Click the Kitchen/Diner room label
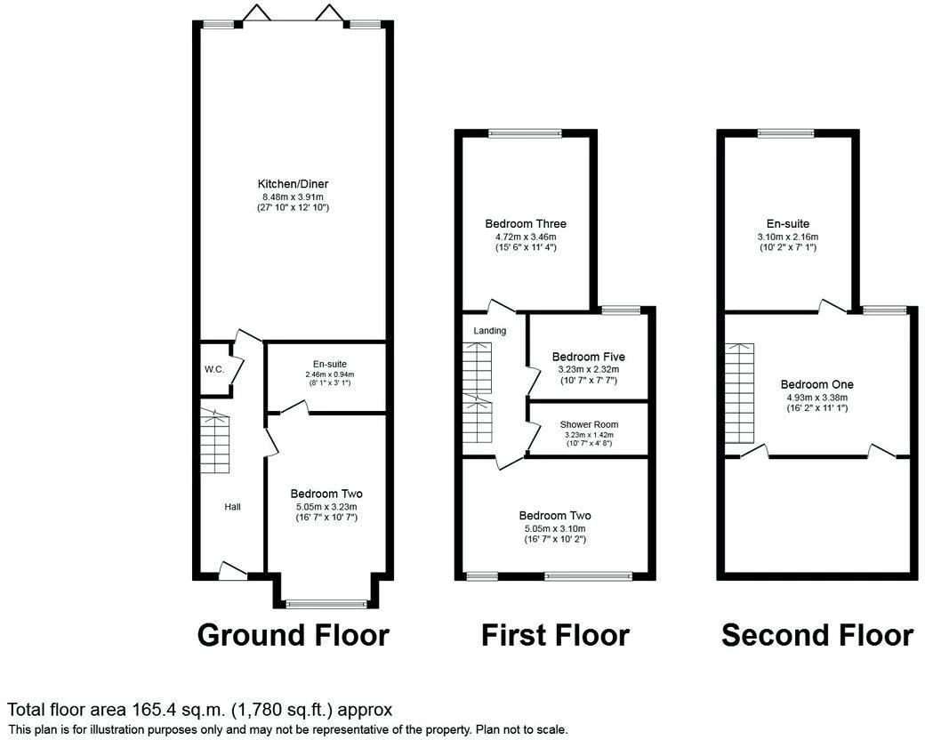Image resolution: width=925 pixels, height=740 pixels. click(293, 184)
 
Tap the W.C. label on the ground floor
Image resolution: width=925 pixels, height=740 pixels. click(213, 370)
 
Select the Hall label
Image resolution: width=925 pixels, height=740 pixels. click(232, 506)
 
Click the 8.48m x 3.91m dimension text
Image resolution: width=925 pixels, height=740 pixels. click(293, 196)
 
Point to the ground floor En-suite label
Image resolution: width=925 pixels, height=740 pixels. click(330, 364)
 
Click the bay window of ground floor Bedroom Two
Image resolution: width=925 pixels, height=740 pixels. click(326, 604)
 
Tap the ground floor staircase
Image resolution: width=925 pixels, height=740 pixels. click(214, 441)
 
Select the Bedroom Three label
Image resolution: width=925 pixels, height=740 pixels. click(525, 224)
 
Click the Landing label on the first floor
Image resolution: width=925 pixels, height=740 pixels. click(489, 331)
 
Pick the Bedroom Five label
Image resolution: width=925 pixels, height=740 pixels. click(588, 357)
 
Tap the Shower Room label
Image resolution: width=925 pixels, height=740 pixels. click(588, 425)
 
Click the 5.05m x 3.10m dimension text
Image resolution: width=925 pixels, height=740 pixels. click(555, 527)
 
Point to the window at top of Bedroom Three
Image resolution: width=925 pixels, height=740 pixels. click(525, 134)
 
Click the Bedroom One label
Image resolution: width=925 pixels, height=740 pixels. click(816, 384)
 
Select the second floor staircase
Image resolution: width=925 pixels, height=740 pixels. click(739, 393)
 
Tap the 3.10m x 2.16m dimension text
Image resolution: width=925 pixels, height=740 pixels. click(787, 237)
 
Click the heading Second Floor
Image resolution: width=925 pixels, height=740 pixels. click(816, 635)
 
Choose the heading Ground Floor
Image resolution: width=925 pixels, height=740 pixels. click(293, 635)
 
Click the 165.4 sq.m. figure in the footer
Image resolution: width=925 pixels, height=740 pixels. click(175, 710)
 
